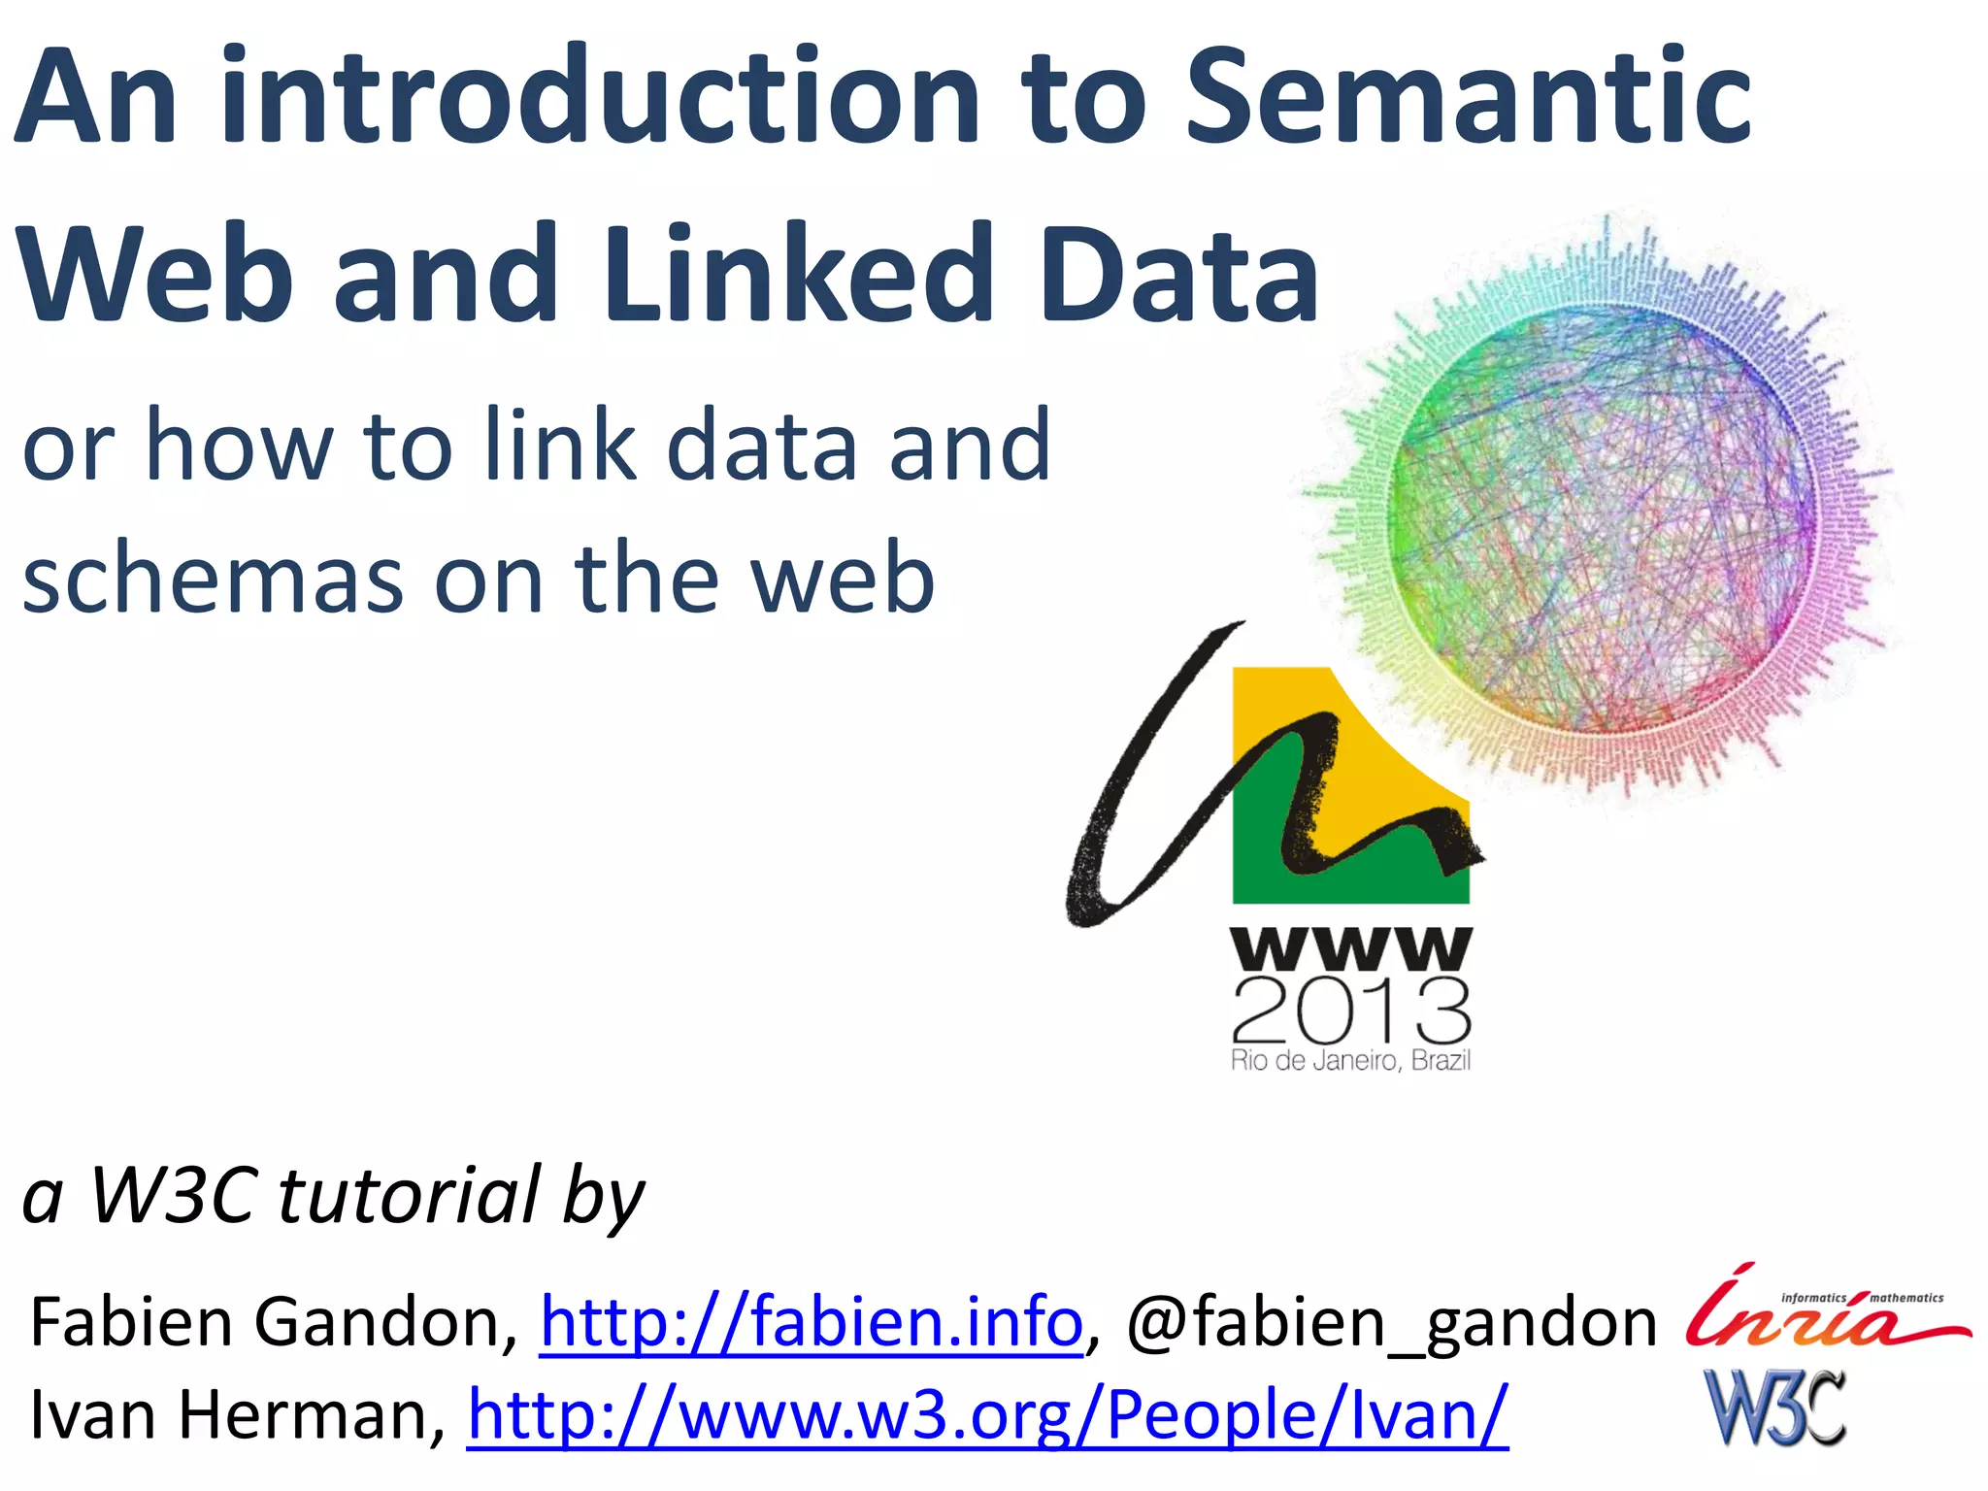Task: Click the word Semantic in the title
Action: point(1468,97)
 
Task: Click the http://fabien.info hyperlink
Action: point(811,1322)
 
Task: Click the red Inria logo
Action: point(1825,1310)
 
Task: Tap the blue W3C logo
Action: point(1774,1408)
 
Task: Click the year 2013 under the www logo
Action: point(1351,1011)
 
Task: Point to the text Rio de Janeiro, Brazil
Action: point(1350,1061)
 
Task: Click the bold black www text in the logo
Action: point(1351,948)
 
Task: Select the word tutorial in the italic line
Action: point(408,1196)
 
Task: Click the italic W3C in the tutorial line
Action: point(175,1196)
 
